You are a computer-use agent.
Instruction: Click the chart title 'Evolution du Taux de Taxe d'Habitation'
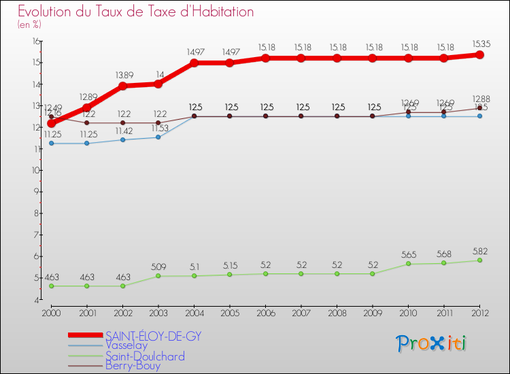click(136, 12)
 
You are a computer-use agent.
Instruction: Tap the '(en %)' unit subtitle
click(29, 25)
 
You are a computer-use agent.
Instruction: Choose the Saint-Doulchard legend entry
click(145, 356)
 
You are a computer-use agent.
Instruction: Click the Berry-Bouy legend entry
click(133, 366)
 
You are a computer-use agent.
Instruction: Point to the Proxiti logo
click(432, 343)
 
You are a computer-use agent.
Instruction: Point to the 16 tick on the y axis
click(35, 41)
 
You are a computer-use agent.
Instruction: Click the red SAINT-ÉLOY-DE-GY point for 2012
click(479, 54)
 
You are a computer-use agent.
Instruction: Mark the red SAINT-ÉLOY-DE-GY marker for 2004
click(194, 63)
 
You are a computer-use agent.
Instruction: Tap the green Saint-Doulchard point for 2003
click(158, 276)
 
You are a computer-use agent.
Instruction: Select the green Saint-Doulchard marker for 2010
click(408, 264)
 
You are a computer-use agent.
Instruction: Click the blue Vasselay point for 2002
click(122, 140)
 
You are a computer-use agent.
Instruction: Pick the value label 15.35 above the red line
click(479, 44)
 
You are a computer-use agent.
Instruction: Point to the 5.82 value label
click(479, 250)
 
